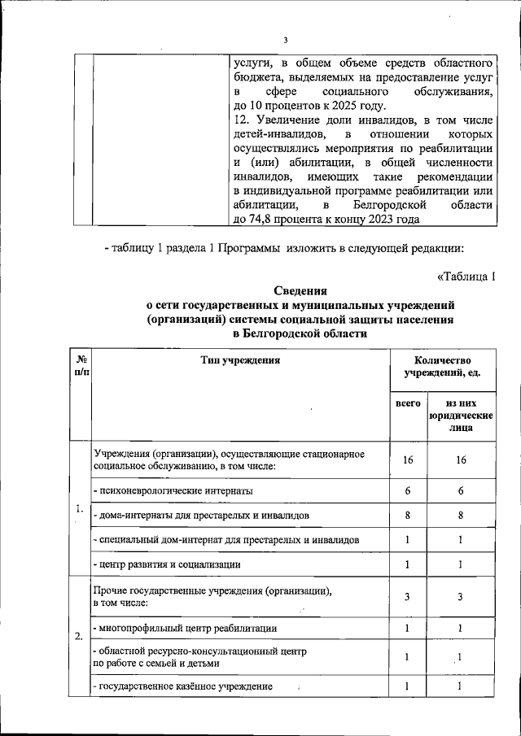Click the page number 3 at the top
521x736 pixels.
(286, 41)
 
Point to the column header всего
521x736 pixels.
(408, 403)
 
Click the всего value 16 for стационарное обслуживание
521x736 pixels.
(408, 459)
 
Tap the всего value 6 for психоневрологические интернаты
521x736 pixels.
(408, 491)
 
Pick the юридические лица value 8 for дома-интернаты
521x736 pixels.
(460, 516)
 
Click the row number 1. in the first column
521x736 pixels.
(79, 510)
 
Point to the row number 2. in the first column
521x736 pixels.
(79, 636)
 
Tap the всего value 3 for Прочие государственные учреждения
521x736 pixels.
(408, 597)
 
